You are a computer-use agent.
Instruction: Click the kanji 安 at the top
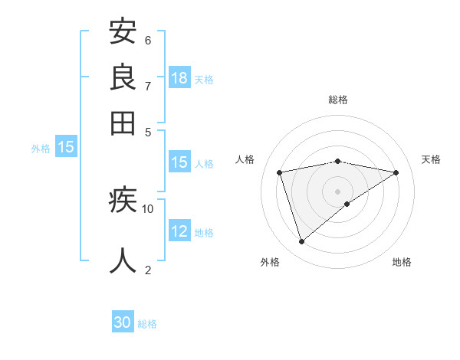[x=123, y=31]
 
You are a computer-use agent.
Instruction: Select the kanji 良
[x=123, y=77]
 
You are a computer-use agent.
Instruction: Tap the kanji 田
[x=123, y=123]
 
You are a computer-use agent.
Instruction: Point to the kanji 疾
[x=123, y=201]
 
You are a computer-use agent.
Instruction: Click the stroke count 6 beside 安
[x=148, y=40]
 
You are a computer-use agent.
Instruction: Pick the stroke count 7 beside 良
[x=148, y=86]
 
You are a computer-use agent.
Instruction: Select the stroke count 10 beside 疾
[x=148, y=208]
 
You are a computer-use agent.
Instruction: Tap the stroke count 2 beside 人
[x=148, y=270]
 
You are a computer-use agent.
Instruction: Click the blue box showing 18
[x=179, y=78]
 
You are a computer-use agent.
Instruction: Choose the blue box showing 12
[x=179, y=231]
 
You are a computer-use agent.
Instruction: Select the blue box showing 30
[x=123, y=323]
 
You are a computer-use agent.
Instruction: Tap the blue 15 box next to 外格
[x=66, y=147]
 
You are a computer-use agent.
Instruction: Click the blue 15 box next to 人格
[x=179, y=162]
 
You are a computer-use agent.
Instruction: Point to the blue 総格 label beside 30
[x=147, y=324]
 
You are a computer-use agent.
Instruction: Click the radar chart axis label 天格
[x=432, y=159]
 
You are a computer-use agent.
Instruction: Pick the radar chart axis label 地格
[x=402, y=262]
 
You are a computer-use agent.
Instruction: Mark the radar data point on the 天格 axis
[x=396, y=172]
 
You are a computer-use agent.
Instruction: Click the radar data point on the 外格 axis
[x=301, y=241]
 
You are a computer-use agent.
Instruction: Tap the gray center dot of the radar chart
[x=337, y=191]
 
